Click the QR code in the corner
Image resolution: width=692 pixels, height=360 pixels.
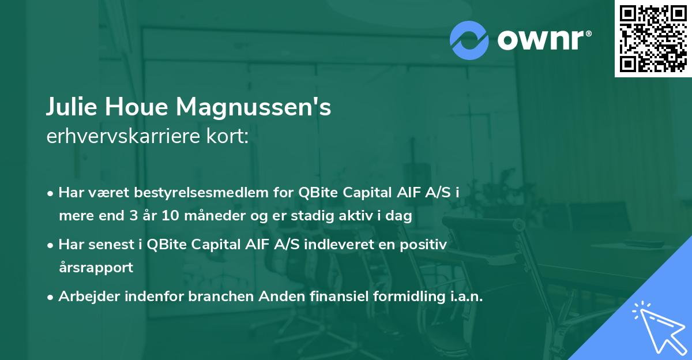pyautogui.click(x=653, y=39)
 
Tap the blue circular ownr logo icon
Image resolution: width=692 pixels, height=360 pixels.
pyautogui.click(x=469, y=40)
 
